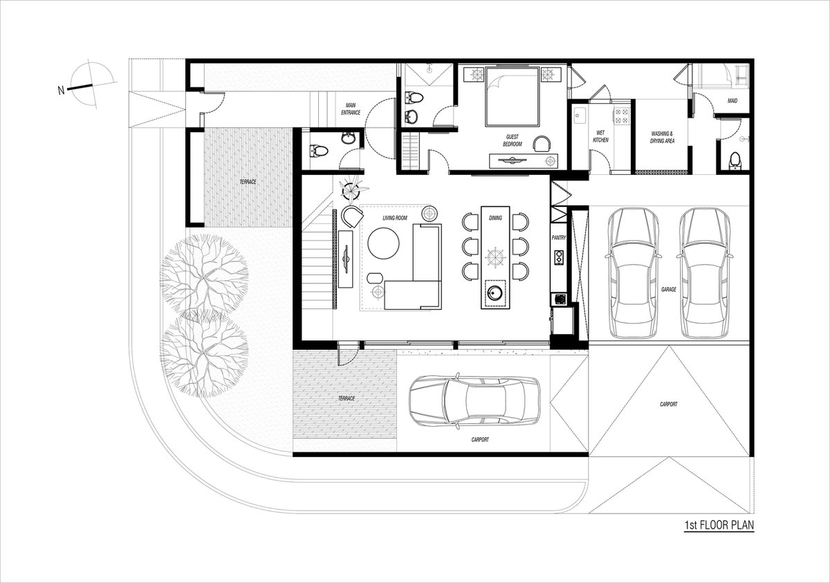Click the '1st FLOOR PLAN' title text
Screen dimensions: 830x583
(x=719, y=525)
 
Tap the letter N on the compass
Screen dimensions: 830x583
(x=61, y=90)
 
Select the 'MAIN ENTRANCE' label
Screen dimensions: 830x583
(x=351, y=109)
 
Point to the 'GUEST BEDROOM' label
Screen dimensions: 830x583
(x=513, y=140)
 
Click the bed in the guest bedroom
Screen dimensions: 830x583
(x=513, y=96)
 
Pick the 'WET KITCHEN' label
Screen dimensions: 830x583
(x=600, y=136)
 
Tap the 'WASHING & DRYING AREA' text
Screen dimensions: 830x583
(x=663, y=137)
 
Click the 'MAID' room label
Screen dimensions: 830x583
(x=732, y=101)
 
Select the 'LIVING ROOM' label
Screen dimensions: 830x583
(x=395, y=218)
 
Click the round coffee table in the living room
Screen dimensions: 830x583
(x=383, y=243)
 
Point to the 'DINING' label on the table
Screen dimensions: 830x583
(x=495, y=218)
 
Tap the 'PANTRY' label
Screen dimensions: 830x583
(x=559, y=238)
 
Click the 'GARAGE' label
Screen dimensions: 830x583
(x=669, y=290)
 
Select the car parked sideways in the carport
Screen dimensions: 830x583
(x=474, y=401)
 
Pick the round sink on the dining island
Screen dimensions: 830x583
(x=495, y=293)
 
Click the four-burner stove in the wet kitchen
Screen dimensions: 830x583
(x=621, y=115)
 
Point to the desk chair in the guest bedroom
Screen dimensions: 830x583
(x=542, y=144)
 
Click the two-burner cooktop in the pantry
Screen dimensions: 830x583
(x=558, y=258)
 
